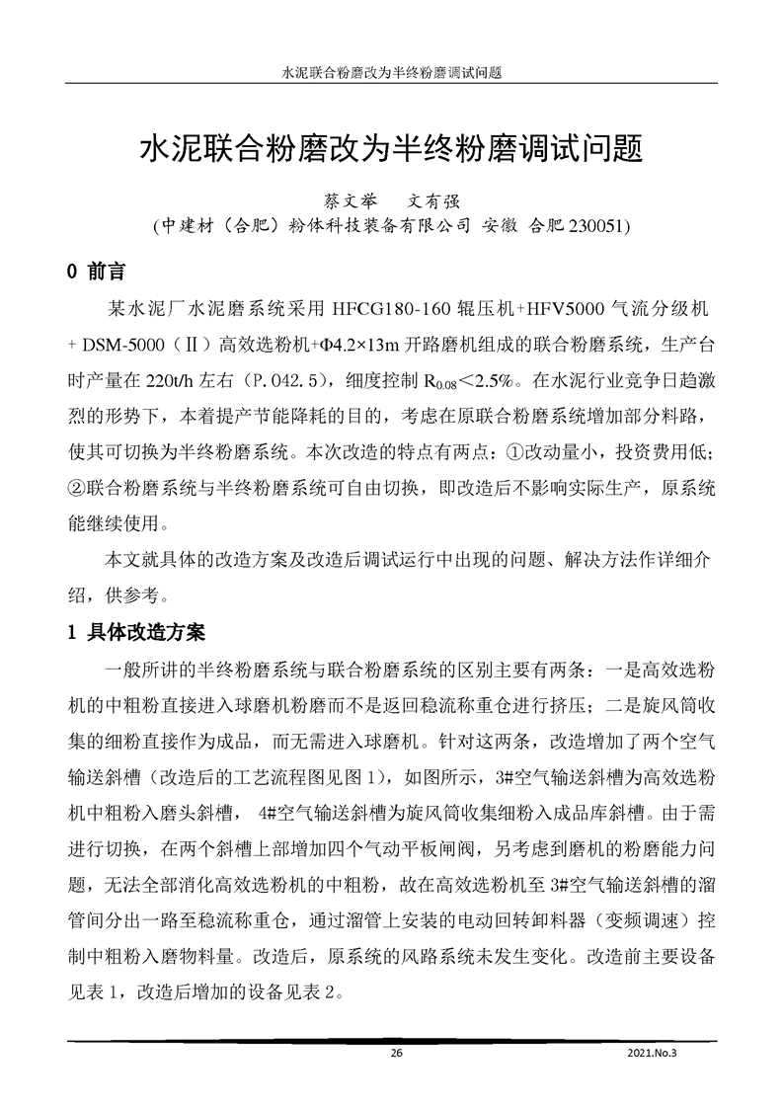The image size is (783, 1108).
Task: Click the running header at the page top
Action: click(392, 73)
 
